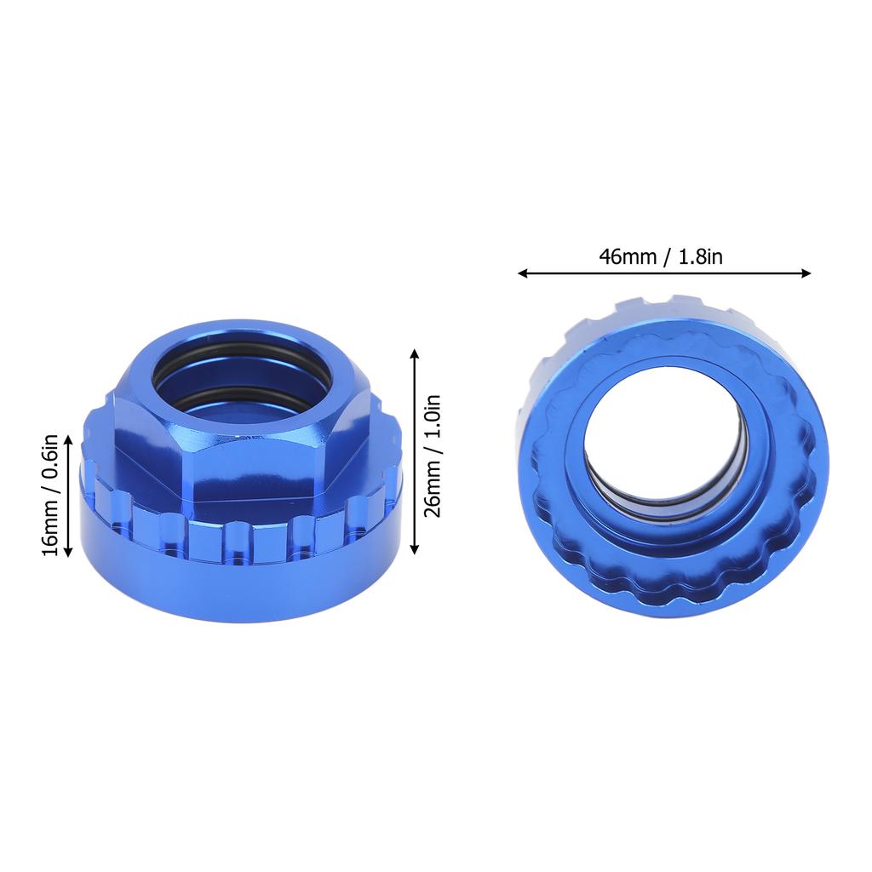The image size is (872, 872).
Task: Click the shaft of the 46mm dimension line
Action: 664,273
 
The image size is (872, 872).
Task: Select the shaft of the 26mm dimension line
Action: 415,451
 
